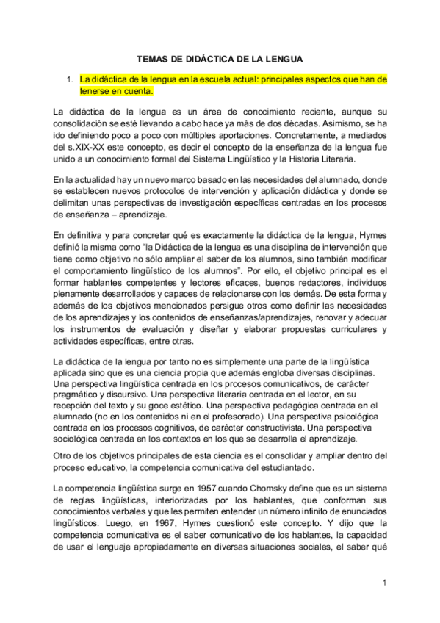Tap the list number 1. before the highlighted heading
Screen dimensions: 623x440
pos(68,78)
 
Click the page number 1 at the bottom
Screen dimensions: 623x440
pos(384,582)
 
